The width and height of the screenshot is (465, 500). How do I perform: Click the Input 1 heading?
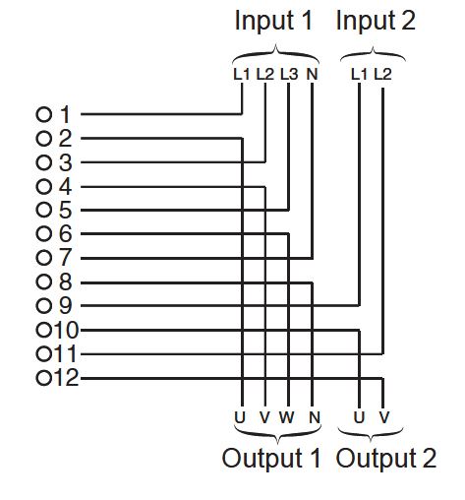click(273, 21)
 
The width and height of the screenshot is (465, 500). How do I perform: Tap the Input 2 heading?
click(376, 21)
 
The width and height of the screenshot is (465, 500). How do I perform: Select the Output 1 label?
click(271, 458)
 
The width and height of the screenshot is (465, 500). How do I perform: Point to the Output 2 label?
click(386, 458)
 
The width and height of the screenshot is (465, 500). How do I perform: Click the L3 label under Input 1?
click(289, 74)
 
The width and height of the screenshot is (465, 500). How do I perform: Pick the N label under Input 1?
click(312, 74)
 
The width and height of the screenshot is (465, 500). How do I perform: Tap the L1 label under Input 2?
click(359, 74)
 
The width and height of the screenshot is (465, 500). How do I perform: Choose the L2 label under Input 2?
click(382, 74)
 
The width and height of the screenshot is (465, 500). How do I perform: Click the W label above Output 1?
click(287, 417)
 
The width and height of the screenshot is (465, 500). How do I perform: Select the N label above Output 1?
click(315, 417)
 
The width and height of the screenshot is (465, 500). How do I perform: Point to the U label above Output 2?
click(359, 417)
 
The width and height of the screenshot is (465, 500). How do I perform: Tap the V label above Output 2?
click(384, 417)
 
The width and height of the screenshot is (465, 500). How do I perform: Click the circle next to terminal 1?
click(44, 115)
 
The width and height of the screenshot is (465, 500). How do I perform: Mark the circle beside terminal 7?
click(44, 258)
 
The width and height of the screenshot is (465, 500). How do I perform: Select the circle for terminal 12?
click(44, 378)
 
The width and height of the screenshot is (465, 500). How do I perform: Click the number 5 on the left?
click(65, 210)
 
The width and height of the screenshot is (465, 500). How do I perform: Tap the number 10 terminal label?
click(66, 330)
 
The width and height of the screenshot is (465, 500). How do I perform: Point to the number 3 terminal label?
click(65, 162)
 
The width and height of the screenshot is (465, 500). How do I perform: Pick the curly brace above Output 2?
click(371, 435)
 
